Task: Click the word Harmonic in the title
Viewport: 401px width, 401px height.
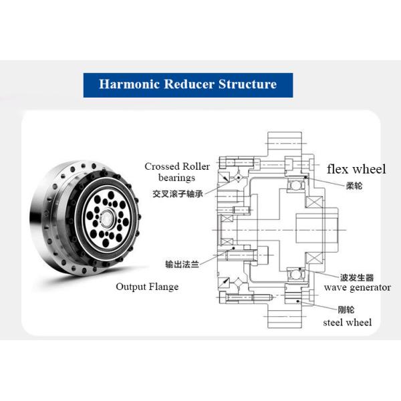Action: click(128, 84)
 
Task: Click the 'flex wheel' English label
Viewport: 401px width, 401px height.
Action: click(356, 169)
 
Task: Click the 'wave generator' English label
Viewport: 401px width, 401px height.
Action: click(358, 287)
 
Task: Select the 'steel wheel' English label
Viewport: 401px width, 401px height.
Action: click(347, 322)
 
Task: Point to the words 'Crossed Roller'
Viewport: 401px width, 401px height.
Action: click(177, 166)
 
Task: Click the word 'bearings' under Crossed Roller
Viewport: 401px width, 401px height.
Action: click(176, 178)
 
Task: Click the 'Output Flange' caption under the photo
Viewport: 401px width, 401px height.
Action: click(147, 287)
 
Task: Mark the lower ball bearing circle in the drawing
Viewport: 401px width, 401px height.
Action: click(295, 273)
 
